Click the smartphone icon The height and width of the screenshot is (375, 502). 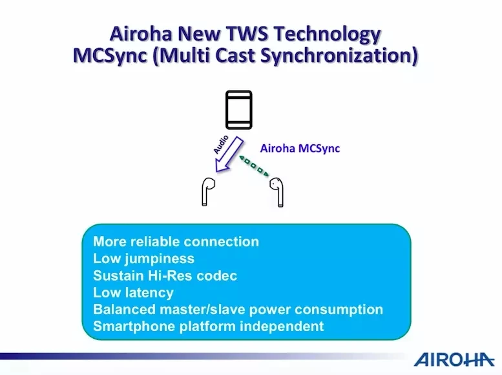pos(239,110)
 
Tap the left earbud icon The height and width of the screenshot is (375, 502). pos(207,191)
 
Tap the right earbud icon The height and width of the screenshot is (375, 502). pos(277,191)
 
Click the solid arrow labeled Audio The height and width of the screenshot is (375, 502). pos(229,155)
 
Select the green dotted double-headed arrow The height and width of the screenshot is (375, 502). pos(254,166)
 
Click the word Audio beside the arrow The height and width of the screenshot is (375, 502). pos(221,144)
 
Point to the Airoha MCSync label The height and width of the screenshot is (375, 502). pos(300,149)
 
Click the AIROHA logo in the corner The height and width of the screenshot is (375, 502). pos(454,359)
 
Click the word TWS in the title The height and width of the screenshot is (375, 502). pos(247,34)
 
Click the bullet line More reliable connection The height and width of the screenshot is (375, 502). pos(176,242)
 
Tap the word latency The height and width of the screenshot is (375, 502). pos(149,293)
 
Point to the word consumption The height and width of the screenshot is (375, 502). pos(339,310)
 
